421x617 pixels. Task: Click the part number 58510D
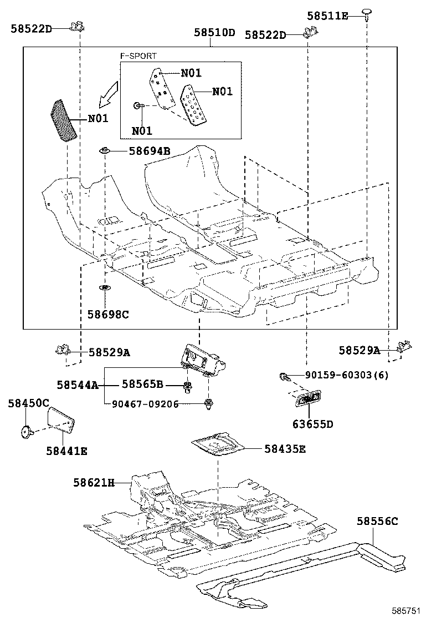pos(214,33)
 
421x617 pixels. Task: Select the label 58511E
pos(327,16)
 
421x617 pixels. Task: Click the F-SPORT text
pos(138,56)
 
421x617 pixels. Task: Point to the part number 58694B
pos(150,150)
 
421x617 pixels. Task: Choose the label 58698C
pos(107,315)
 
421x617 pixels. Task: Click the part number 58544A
pos(78,384)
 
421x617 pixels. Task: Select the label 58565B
pos(142,384)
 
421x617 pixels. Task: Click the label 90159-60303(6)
pos(346,376)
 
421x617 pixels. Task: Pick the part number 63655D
pos(313,424)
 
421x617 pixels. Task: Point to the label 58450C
pos(28,403)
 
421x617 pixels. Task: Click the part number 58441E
pos(66,451)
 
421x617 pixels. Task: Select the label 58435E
pos(285,449)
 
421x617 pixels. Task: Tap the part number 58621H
pos(94,483)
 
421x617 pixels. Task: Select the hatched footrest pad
pos(64,120)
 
